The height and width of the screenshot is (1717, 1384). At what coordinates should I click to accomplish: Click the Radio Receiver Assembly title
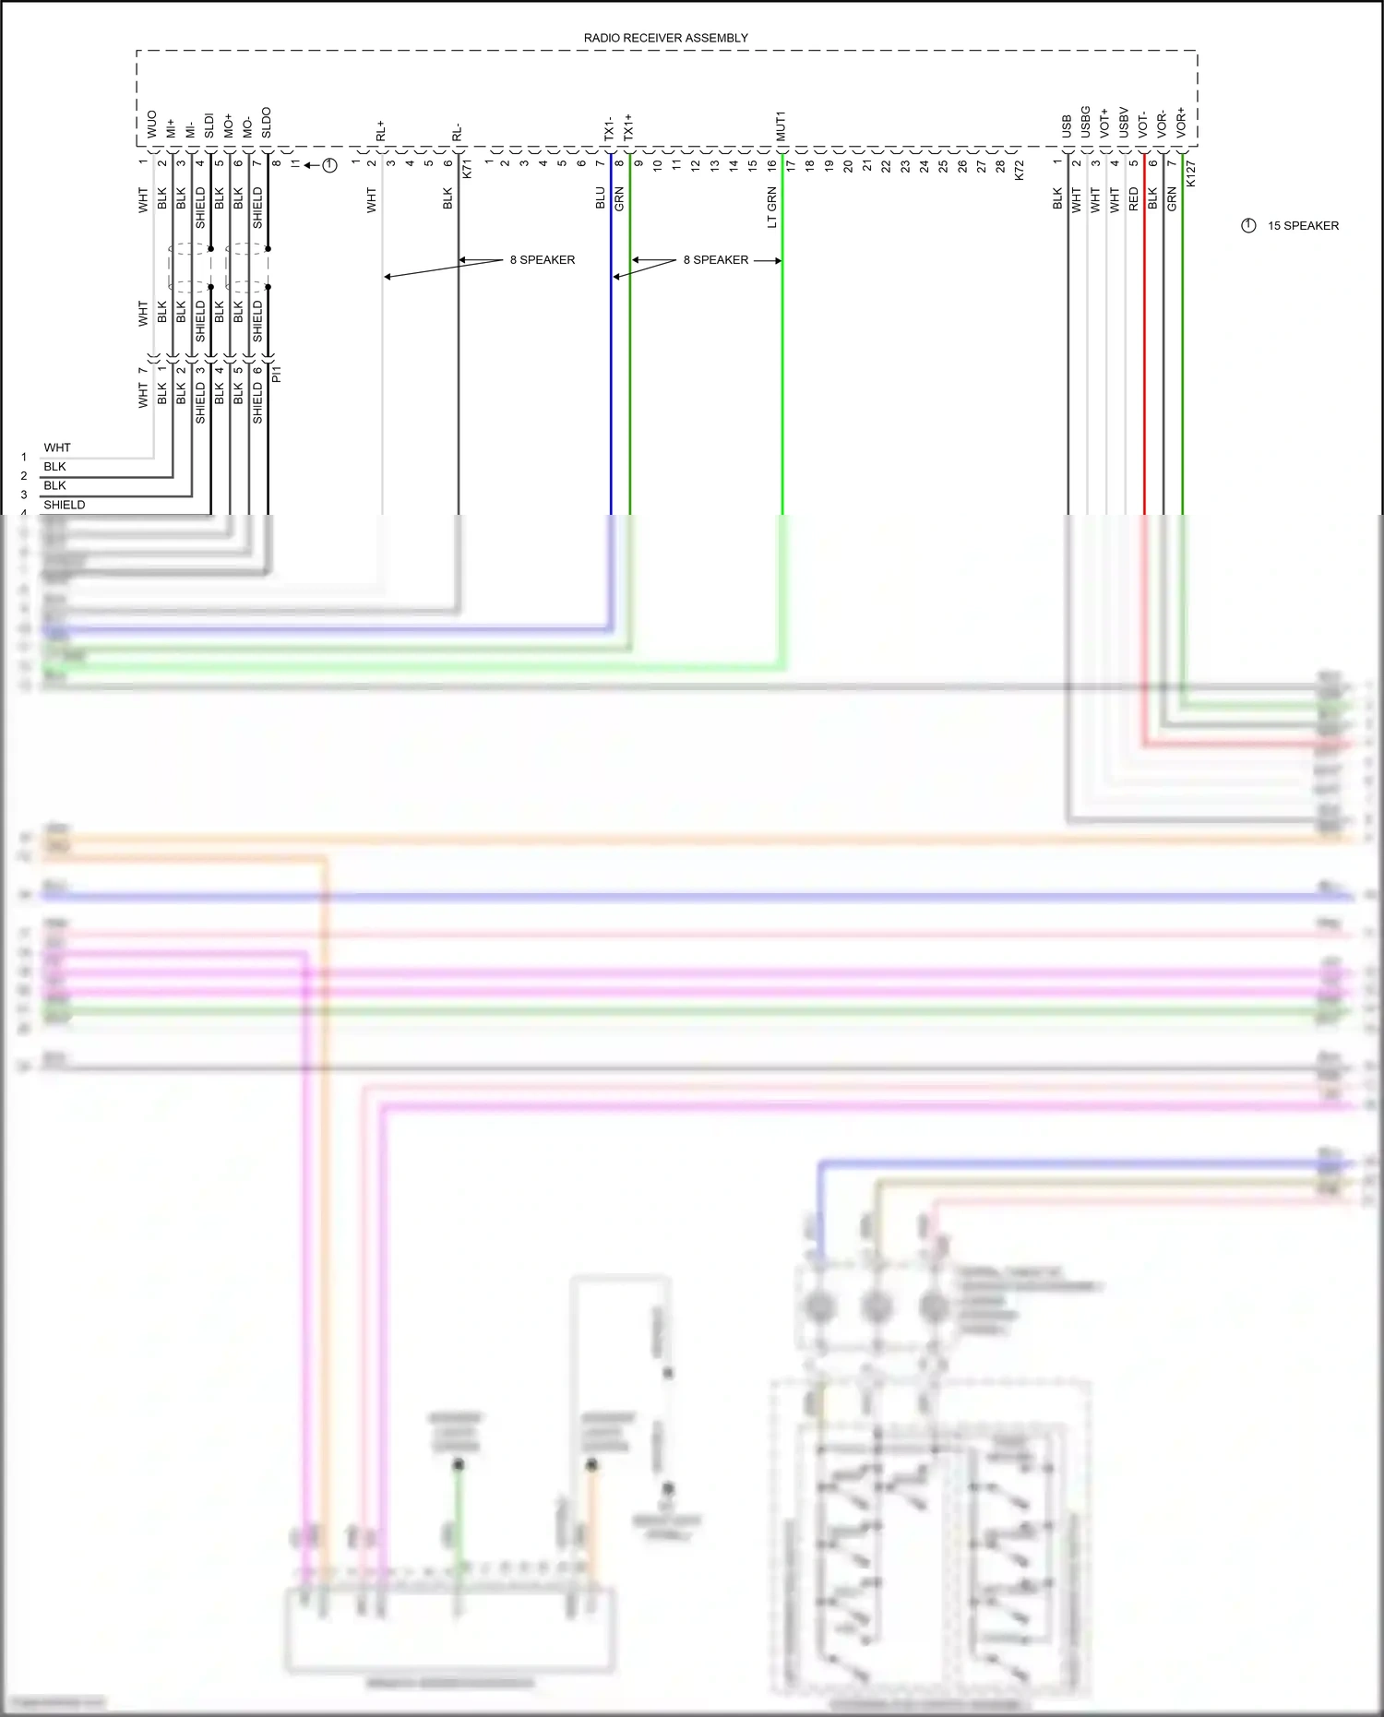click(665, 38)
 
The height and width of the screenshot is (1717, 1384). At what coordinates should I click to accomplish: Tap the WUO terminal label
click(152, 125)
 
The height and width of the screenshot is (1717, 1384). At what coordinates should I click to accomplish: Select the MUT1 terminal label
click(781, 126)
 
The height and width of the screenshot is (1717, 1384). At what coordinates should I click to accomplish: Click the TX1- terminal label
click(609, 128)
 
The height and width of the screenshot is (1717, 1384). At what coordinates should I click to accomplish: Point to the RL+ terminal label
click(380, 131)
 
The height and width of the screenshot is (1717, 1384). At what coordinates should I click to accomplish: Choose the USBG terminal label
click(1085, 122)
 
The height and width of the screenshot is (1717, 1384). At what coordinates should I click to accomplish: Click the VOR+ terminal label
click(1181, 123)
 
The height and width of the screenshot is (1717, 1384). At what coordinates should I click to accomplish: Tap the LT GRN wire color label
click(772, 208)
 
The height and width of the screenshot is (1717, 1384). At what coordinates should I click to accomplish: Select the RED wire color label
click(1134, 199)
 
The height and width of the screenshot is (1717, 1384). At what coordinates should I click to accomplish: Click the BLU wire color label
click(601, 198)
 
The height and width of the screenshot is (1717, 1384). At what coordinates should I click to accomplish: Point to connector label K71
click(467, 169)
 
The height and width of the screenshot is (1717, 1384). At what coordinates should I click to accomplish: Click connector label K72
click(1020, 170)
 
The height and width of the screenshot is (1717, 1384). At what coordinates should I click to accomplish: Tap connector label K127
click(1190, 173)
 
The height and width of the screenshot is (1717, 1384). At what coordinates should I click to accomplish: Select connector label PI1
click(277, 374)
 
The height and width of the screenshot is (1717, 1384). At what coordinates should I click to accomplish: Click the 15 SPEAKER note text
click(1302, 226)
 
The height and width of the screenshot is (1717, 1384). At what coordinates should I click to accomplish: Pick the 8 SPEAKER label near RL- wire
click(543, 260)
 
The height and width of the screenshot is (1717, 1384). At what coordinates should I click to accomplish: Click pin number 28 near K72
click(1000, 166)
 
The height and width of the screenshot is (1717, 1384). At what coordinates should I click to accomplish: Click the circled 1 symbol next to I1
click(329, 165)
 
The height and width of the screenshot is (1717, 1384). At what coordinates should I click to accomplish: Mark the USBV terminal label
click(1124, 123)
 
